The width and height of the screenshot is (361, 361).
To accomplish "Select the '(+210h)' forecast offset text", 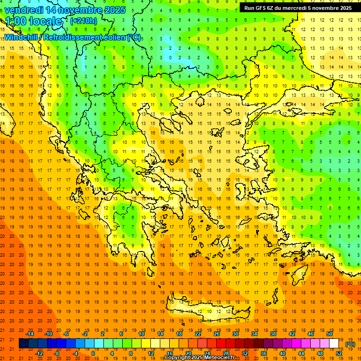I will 84,21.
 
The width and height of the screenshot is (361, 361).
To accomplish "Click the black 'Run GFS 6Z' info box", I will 298,8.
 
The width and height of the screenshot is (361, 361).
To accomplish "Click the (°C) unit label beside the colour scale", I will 350,344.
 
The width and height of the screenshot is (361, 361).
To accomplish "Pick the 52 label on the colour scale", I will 339,353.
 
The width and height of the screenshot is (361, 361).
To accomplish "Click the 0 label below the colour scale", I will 93,353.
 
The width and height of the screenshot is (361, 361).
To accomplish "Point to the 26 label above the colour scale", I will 217,334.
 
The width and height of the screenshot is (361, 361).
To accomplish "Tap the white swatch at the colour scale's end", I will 334,344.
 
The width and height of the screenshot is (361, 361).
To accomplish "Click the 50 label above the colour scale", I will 330,334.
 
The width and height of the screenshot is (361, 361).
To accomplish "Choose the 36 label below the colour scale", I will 264,353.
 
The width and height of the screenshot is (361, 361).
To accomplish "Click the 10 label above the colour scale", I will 141,334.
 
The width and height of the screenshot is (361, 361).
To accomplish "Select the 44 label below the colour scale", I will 301,353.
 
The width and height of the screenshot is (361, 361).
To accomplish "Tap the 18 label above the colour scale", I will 179,334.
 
